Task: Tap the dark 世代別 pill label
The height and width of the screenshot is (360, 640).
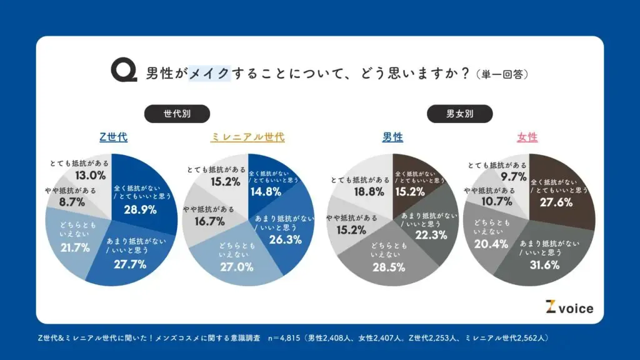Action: [177, 114]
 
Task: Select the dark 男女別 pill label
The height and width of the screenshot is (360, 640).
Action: [460, 114]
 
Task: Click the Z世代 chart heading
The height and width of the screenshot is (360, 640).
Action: [114, 137]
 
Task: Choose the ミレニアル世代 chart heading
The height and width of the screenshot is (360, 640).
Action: [247, 137]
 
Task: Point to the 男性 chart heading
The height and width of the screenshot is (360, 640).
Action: [392, 137]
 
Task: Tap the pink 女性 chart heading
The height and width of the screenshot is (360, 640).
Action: [527, 137]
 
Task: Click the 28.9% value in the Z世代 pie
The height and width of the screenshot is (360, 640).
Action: [140, 209]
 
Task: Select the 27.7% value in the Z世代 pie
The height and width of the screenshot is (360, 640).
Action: [130, 264]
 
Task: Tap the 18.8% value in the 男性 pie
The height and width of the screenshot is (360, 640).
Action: [362, 192]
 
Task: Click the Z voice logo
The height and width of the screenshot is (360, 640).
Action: [569, 307]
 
